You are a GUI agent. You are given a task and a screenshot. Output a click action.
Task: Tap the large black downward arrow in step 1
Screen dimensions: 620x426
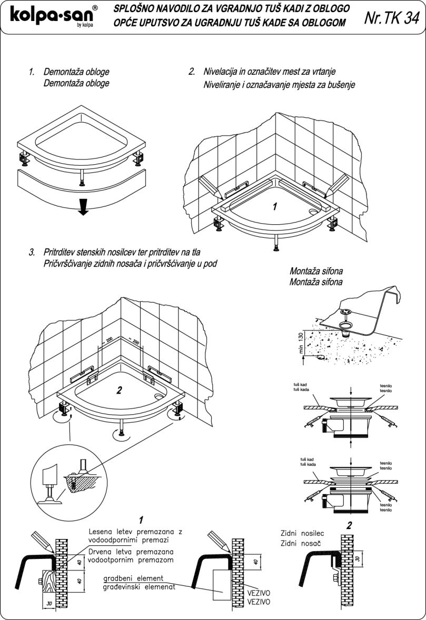(82, 208)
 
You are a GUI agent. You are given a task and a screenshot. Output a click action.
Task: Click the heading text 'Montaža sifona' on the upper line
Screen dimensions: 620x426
(316, 272)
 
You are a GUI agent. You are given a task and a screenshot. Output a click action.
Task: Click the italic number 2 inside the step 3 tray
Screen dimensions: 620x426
(119, 390)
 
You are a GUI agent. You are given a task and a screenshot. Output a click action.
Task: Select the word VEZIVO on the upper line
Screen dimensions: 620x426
(259, 592)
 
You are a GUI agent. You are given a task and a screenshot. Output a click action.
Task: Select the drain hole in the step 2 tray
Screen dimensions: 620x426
(314, 213)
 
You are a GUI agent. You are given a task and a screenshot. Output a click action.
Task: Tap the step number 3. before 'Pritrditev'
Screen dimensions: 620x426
(32, 253)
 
